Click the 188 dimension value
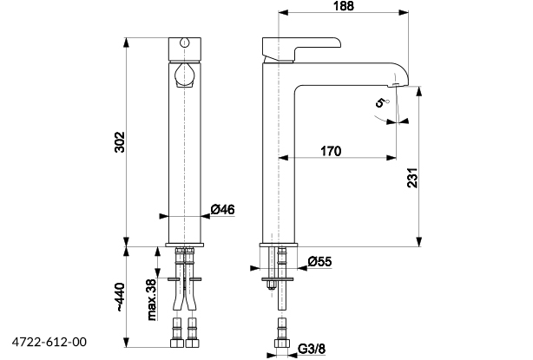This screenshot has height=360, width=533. point(343,8)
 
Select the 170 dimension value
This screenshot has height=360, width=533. point(330,151)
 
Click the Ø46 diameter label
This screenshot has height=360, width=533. point(223,209)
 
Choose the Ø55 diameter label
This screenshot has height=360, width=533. point(320,259)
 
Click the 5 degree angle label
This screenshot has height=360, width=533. point(379,104)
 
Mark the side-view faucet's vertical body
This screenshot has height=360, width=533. point(280,156)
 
